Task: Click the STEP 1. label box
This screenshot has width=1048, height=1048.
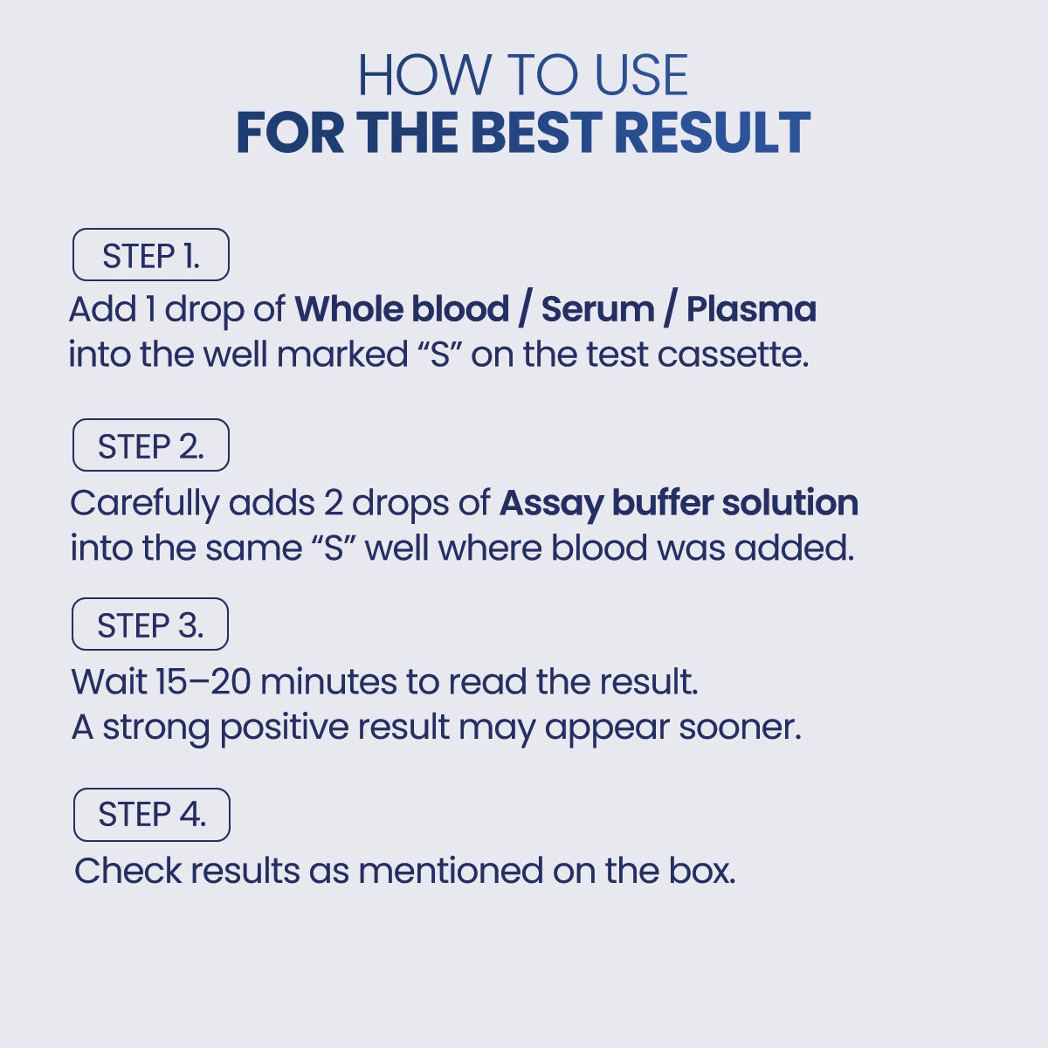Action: tap(151, 254)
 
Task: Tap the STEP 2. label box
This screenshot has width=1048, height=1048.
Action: tap(151, 445)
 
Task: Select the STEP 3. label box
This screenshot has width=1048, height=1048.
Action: tap(150, 624)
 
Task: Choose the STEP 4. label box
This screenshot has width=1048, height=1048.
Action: tap(152, 815)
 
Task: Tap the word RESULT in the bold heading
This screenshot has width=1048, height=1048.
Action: tap(713, 132)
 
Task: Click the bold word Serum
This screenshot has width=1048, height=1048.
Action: tap(597, 309)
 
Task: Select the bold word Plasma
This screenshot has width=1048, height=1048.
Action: tap(751, 309)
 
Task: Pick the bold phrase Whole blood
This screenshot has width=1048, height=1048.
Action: tap(402, 309)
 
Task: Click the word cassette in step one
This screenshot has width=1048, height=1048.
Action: tap(733, 355)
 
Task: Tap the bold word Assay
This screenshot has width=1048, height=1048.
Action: tap(551, 504)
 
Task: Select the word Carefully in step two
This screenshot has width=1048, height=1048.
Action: tap(145, 504)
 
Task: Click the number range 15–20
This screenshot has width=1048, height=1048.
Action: tap(203, 681)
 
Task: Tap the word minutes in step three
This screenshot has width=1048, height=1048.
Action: tap(328, 681)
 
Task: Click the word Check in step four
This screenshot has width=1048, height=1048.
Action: tap(128, 872)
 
